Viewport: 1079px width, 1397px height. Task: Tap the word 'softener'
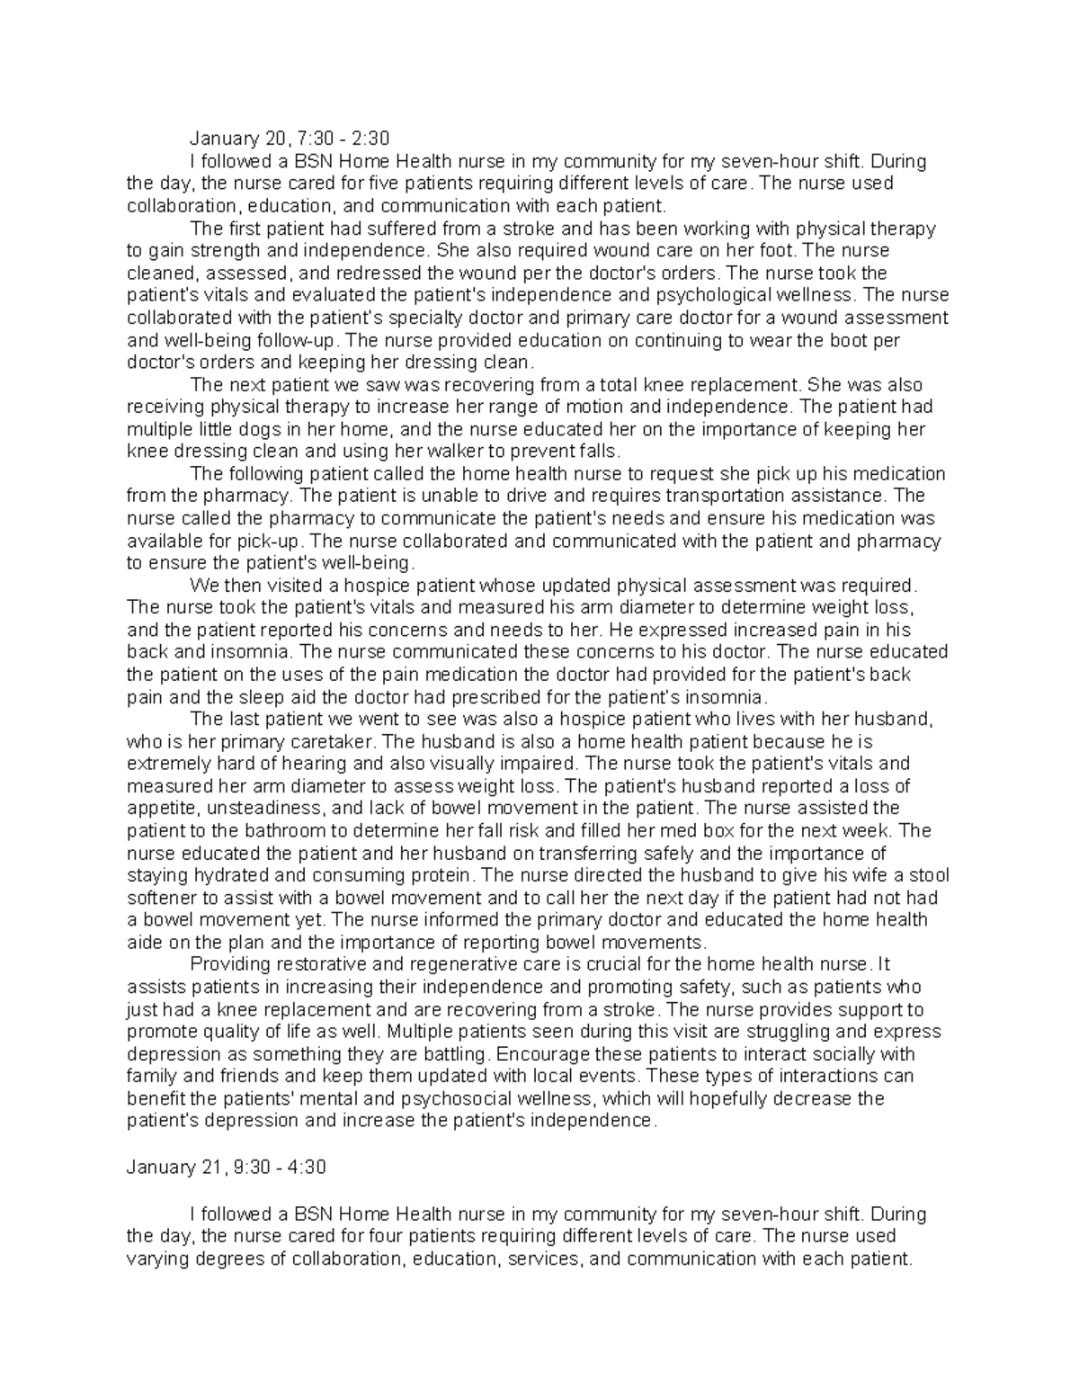(160, 898)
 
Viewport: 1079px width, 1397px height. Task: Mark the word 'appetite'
(156, 809)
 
